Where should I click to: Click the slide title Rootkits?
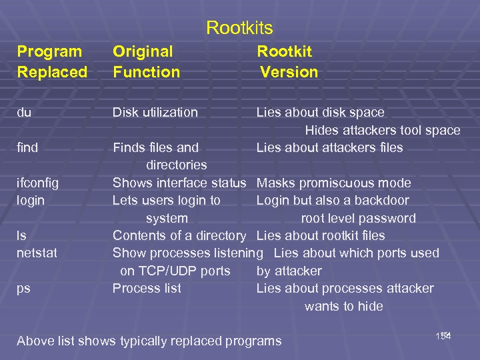(239, 28)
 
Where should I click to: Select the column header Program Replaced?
(52, 61)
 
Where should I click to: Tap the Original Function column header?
(146, 61)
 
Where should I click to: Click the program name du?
(24, 113)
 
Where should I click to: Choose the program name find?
(27, 147)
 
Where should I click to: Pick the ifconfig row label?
(37, 183)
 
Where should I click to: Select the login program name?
(31, 200)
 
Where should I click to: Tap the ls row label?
(21, 235)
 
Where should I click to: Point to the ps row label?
(23, 288)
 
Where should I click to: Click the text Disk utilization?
(155, 113)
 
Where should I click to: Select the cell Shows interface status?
(179, 183)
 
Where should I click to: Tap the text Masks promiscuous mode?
(333, 183)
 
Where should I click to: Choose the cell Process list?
(147, 288)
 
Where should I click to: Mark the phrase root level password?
(358, 218)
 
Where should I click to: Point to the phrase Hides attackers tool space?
(383, 130)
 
